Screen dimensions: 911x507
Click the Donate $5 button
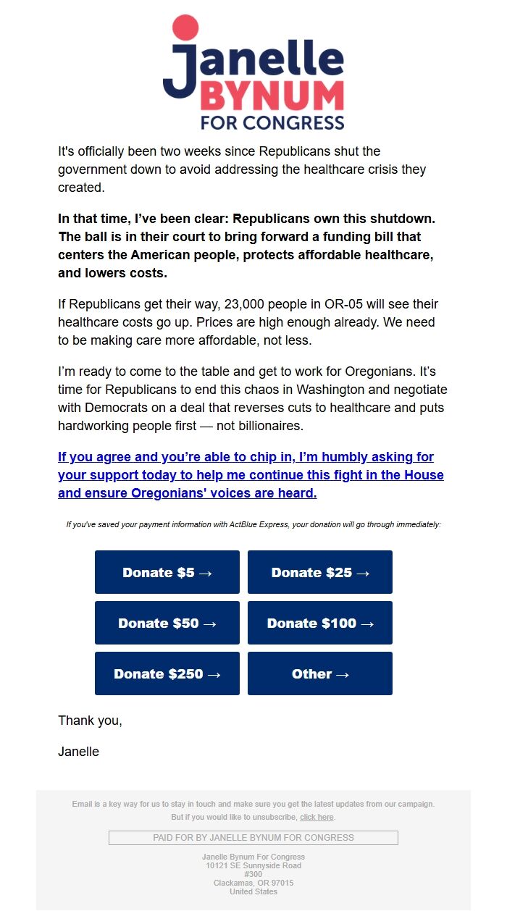(x=167, y=572)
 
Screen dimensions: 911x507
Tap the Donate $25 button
(x=320, y=572)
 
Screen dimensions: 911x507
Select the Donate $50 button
(x=167, y=623)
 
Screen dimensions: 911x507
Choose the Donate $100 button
(x=320, y=623)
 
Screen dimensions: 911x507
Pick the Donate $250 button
(x=167, y=673)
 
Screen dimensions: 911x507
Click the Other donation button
(x=320, y=673)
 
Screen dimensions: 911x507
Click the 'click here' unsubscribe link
(x=317, y=817)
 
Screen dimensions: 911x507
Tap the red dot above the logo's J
(x=185, y=28)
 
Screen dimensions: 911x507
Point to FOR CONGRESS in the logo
(x=272, y=122)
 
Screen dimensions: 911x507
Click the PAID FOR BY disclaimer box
(x=253, y=838)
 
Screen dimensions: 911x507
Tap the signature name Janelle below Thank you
(x=78, y=752)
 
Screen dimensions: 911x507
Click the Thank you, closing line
(x=90, y=721)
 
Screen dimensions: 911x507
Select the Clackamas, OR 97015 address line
(x=253, y=883)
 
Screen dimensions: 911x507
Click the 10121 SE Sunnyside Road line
(x=253, y=865)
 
